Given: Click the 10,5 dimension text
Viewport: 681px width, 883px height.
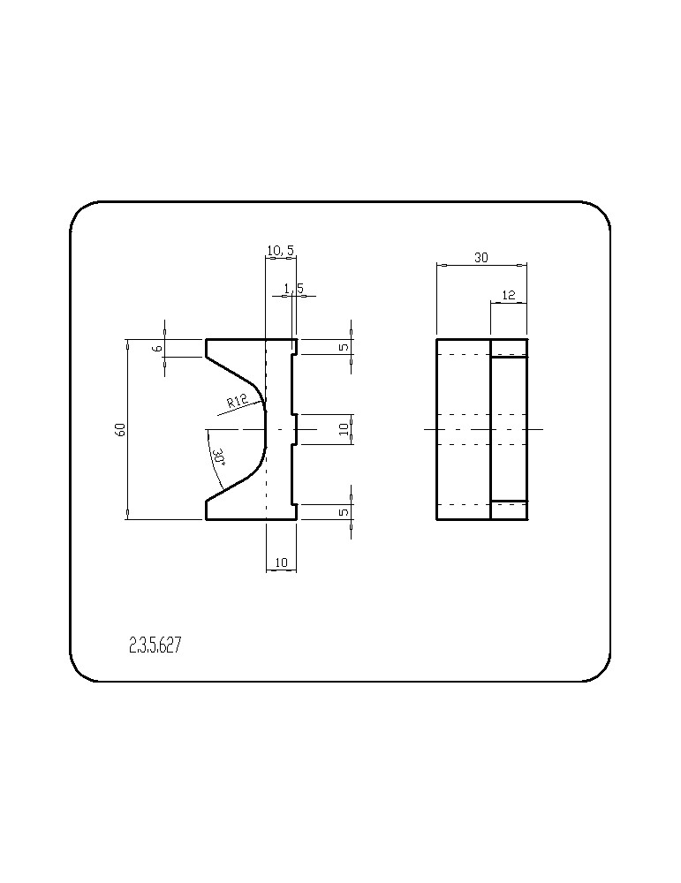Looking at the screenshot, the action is point(281,251).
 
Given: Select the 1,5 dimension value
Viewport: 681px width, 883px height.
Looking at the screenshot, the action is point(293,289).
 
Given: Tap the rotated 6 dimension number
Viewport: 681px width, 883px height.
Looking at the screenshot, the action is point(158,349).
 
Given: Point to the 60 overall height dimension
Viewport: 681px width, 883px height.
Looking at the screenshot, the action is point(119,429).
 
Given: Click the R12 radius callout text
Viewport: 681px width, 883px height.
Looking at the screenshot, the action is point(237,401).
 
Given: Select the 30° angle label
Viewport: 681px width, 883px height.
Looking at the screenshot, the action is point(218,457).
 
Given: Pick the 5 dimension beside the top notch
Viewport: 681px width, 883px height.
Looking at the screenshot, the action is point(344,347).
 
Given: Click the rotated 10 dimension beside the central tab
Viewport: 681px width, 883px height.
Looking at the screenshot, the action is point(344,430).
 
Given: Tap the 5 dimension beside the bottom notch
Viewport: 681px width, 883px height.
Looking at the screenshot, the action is point(344,512).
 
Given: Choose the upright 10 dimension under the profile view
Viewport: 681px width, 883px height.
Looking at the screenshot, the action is point(281,562).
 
